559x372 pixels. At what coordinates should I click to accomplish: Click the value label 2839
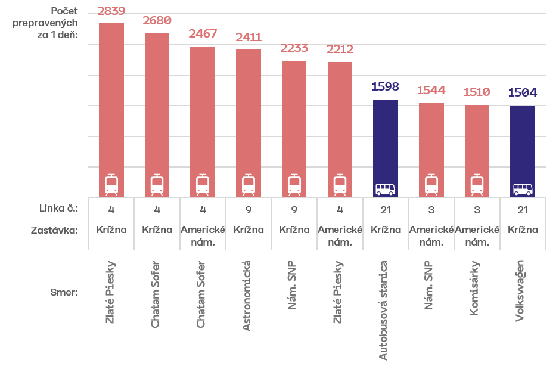coord(111,11)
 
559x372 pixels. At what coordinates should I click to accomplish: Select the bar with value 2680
coord(157,115)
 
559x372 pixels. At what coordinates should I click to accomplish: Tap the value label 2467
coord(203,33)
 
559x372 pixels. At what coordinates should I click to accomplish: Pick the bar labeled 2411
coord(249,123)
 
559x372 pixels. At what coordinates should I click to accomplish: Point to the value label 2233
coord(294,48)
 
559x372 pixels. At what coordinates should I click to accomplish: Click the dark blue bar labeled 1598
coord(386,148)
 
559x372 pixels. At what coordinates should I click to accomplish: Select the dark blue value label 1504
coord(523,93)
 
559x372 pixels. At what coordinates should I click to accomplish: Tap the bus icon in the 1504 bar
coord(523,190)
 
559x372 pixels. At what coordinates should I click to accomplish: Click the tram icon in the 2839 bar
coord(111,185)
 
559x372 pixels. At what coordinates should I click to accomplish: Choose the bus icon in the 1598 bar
coord(386,190)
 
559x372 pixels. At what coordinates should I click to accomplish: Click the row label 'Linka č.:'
coord(58,208)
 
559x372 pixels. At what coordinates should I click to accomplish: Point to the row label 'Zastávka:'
coord(54,230)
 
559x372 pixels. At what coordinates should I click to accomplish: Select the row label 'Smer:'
coord(64,293)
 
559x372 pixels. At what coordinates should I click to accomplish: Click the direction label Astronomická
coord(246,296)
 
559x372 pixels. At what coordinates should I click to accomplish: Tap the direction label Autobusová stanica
coord(383,310)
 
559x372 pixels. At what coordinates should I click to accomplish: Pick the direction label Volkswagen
coord(520,291)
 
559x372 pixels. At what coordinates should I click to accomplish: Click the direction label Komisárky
coord(474,289)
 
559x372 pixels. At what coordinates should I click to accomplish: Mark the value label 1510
coord(477,92)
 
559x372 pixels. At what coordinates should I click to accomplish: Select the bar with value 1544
coord(431,150)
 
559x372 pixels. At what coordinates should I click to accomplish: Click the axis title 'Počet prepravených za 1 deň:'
coord(45,23)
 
